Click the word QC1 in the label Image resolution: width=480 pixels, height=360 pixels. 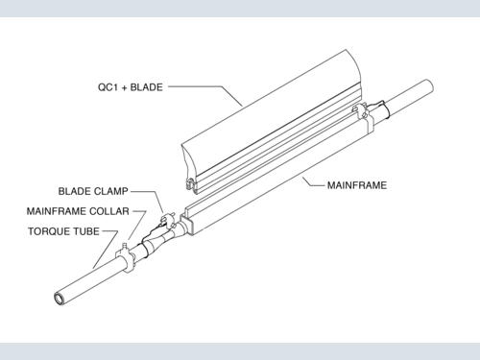(108, 87)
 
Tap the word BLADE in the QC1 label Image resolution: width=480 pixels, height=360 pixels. (147, 87)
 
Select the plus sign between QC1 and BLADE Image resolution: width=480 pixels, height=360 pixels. (124, 88)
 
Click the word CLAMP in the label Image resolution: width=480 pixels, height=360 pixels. (112, 191)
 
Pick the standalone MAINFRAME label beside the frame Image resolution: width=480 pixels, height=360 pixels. (357, 185)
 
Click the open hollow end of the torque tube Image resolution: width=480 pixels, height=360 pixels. (60, 299)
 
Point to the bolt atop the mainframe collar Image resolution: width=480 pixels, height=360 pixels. (125, 247)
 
